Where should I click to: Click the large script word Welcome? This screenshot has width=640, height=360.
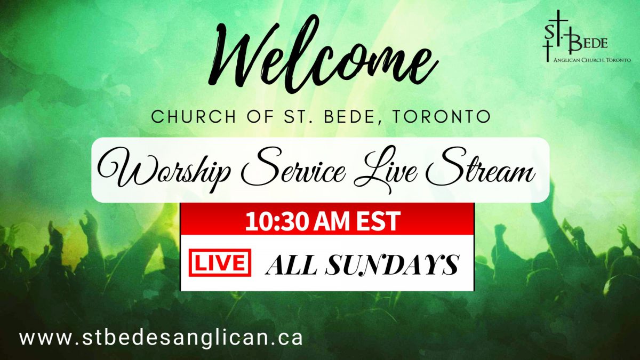click(x=322, y=53)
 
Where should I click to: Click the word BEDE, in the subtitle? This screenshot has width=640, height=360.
click(x=354, y=117)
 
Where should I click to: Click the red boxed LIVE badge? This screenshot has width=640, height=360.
click(x=220, y=262)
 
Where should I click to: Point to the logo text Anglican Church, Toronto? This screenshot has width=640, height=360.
click(x=592, y=60)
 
